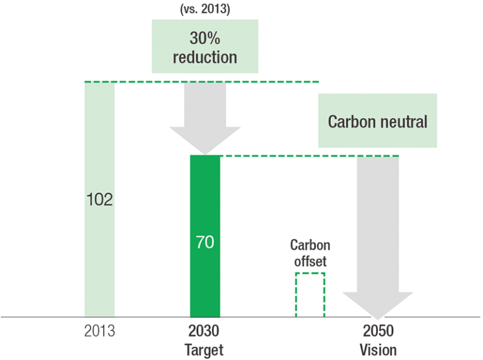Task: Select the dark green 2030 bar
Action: pyautogui.click(x=205, y=283)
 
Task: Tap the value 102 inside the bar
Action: pyautogui.click(x=99, y=200)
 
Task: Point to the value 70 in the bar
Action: pyautogui.click(x=205, y=242)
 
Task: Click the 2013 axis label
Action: pyautogui.click(x=99, y=331)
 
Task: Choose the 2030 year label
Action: pyautogui.click(x=205, y=331)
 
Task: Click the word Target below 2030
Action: pyautogui.click(x=205, y=349)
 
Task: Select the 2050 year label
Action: pyautogui.click(x=378, y=331)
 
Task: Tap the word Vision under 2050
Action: pyautogui.click(x=378, y=349)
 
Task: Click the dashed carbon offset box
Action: pyautogui.click(x=310, y=295)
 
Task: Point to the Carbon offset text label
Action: pyautogui.click(x=310, y=253)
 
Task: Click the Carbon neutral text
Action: pyautogui.click(x=377, y=121)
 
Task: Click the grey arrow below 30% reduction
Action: pyautogui.click(x=205, y=119)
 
